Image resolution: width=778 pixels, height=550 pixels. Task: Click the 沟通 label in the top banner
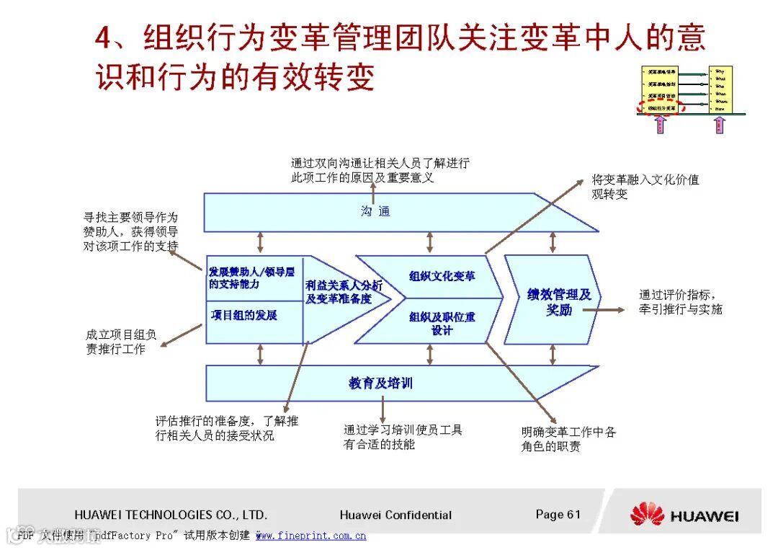click(x=375, y=211)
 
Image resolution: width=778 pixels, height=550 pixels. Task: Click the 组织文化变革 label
click(x=442, y=275)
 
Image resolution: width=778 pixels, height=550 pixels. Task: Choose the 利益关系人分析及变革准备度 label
click(x=344, y=292)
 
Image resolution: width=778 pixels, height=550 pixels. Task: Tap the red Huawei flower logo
click(x=646, y=515)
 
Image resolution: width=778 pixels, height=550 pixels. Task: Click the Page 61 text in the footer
click(x=558, y=514)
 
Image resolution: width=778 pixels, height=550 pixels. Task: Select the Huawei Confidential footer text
click(x=395, y=515)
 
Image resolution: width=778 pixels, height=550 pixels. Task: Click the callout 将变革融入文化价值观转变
click(x=645, y=187)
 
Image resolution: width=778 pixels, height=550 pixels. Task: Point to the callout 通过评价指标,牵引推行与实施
click(x=680, y=302)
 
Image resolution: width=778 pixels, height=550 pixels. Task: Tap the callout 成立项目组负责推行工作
click(x=120, y=342)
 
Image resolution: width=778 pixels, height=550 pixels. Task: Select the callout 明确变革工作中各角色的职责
click(x=568, y=439)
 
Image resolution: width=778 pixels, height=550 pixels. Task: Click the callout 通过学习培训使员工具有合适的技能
click(x=403, y=437)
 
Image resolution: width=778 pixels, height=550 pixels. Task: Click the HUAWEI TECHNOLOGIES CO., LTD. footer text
click(x=171, y=515)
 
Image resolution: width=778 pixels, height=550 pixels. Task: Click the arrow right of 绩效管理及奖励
click(x=605, y=310)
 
